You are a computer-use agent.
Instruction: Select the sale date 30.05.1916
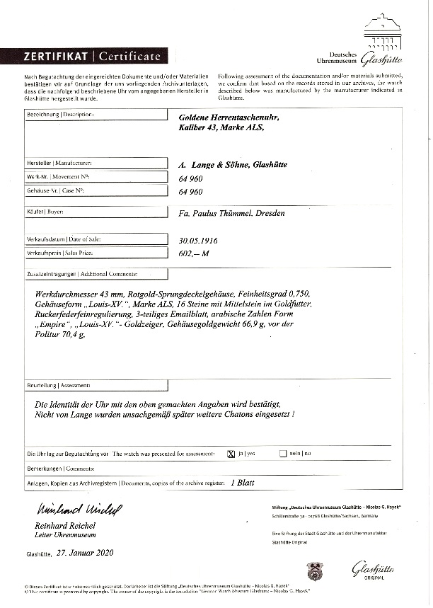(x=199, y=240)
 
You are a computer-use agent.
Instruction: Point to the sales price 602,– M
(x=195, y=253)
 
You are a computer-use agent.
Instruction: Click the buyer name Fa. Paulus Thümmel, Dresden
(x=234, y=212)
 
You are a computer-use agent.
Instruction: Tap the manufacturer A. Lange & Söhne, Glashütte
(x=233, y=164)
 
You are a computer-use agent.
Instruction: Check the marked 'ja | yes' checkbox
(x=231, y=453)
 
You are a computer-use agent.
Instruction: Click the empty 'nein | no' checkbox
(x=283, y=453)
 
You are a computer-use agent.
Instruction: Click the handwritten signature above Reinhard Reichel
(x=67, y=510)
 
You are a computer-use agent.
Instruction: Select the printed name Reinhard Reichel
(x=64, y=526)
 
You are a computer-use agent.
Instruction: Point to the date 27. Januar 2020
(x=84, y=553)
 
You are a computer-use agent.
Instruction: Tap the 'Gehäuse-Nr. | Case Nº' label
(x=59, y=191)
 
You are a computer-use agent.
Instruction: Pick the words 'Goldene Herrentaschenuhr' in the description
(x=224, y=116)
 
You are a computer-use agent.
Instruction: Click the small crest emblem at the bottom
(x=315, y=570)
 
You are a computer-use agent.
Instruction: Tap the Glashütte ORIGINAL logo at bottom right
(x=373, y=570)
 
